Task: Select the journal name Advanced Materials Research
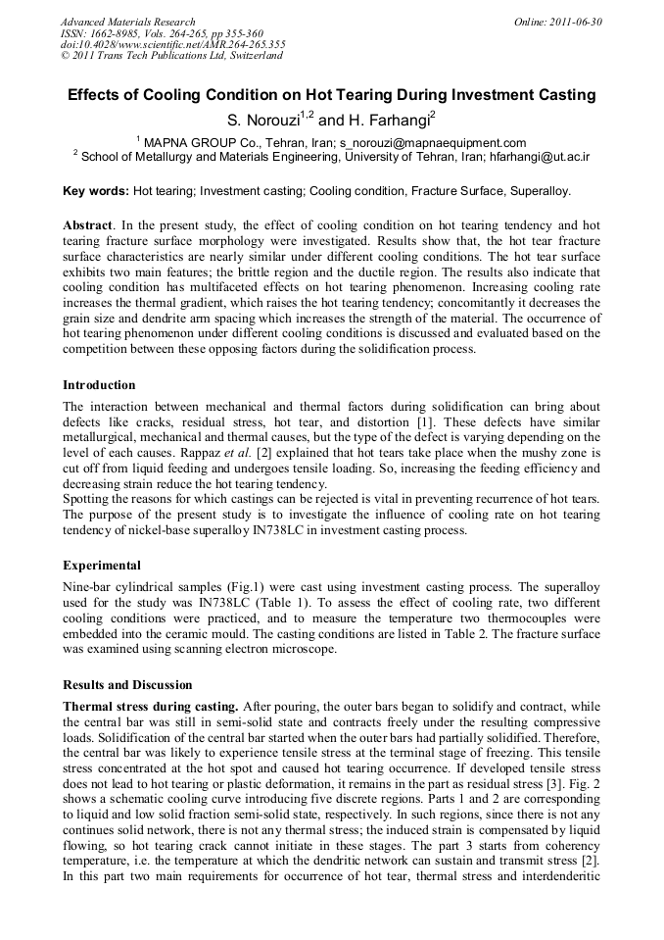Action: (127, 22)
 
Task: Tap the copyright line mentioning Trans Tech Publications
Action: (172, 56)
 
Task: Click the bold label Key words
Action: (95, 191)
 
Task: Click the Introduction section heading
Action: (99, 384)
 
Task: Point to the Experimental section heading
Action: (102, 566)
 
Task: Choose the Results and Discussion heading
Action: (127, 684)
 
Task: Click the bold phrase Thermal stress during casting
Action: (149, 706)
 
